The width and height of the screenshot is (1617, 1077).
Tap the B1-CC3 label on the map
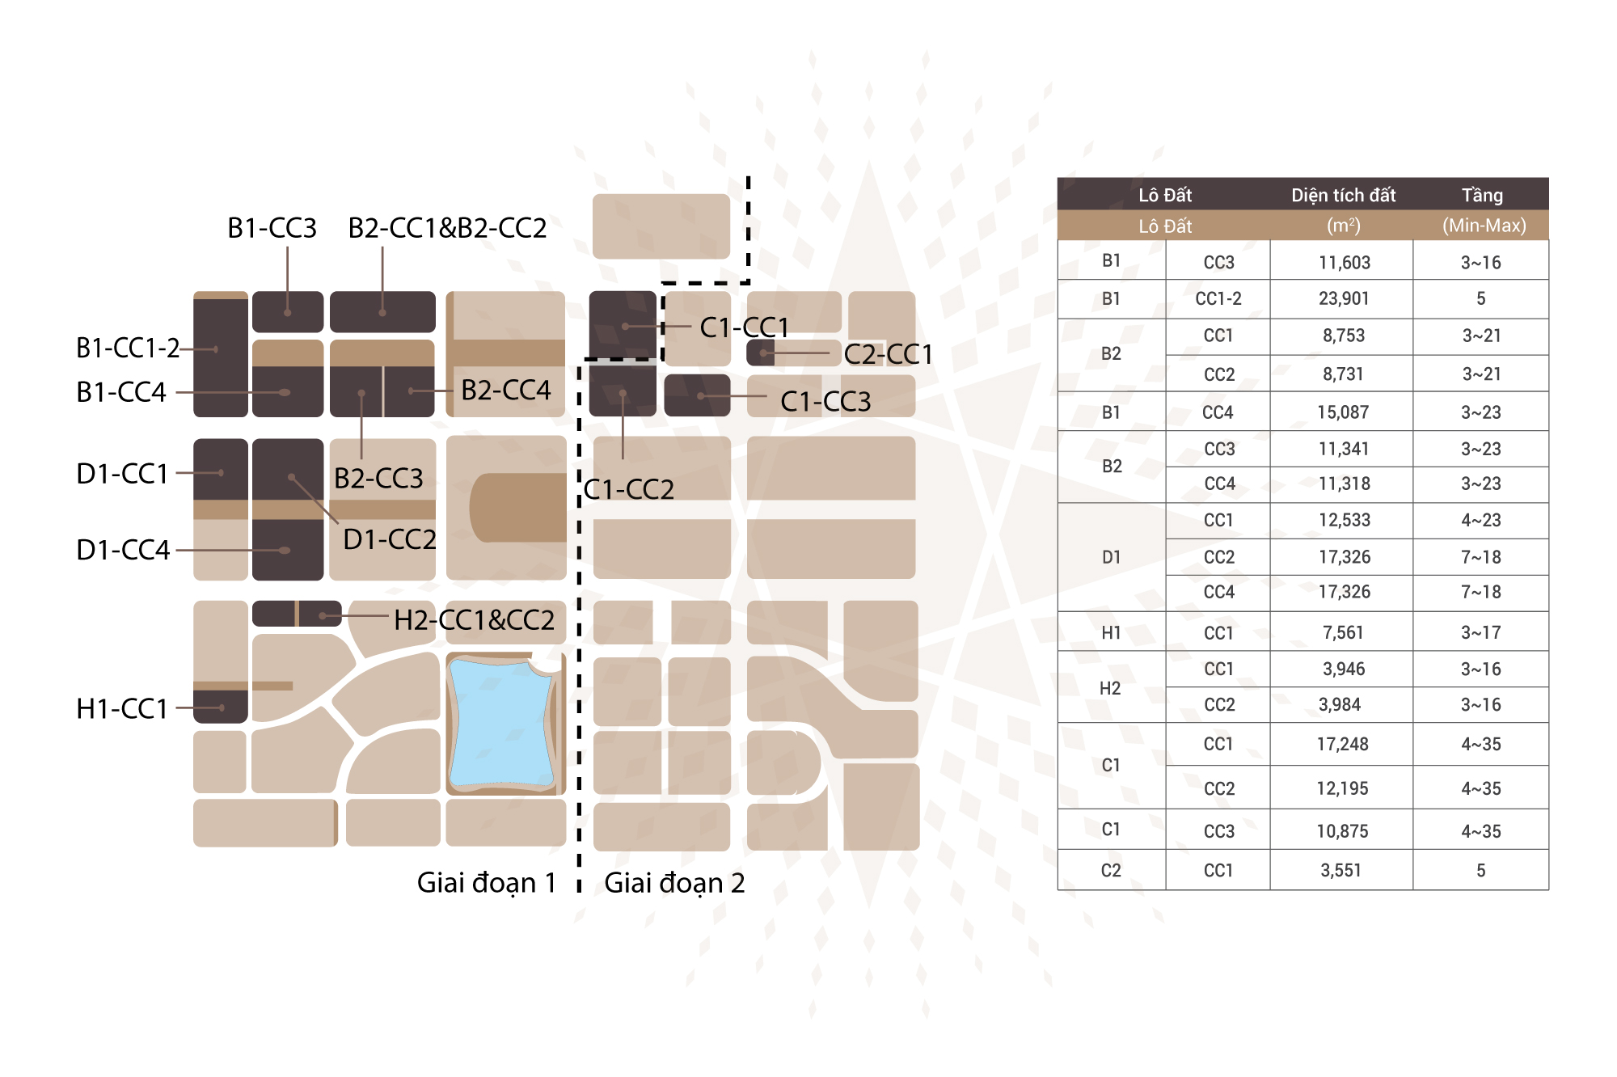pos(272,228)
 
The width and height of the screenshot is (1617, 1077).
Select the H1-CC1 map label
pos(122,708)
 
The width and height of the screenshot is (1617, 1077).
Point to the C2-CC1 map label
pos(889,354)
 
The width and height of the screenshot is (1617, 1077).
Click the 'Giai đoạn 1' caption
pos(487,883)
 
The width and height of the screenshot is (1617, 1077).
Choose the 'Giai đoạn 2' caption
pos(674,883)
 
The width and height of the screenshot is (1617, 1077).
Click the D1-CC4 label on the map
pos(123,550)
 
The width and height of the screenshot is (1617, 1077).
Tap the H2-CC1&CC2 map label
pos(474,620)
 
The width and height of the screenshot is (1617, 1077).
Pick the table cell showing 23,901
pos(1344,298)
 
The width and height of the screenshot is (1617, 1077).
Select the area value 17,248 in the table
pos(1343,744)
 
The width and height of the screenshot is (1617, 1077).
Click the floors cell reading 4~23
pos(1481,520)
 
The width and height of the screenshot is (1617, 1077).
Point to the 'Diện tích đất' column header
pos(1344,195)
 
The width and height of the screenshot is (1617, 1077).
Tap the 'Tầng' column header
pos(1482,195)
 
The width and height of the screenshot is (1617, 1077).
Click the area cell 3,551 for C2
pos(1341,870)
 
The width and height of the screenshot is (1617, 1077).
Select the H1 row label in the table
pos(1111,632)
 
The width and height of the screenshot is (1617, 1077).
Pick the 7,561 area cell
pos(1343,632)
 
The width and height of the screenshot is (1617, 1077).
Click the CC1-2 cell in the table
pos(1218,298)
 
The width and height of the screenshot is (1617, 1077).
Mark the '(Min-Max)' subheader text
pos(1484,226)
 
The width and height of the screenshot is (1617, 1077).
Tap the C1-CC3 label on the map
pos(825,401)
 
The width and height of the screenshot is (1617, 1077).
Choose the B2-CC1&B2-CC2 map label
pos(447,228)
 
